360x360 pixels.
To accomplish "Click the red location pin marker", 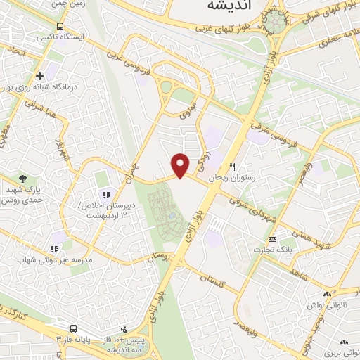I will [x=181, y=165].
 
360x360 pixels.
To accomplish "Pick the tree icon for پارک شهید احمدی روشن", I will [x=22, y=179].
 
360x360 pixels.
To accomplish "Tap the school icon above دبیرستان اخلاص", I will [x=106, y=194].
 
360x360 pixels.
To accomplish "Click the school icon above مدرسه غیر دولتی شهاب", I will [x=53, y=247].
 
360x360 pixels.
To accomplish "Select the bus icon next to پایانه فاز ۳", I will [x=73, y=328].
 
